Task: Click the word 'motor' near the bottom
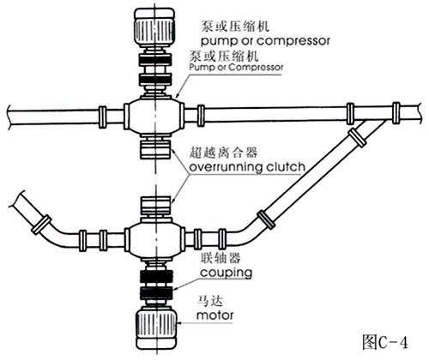(214, 315)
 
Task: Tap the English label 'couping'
(226, 273)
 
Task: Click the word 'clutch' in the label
(286, 166)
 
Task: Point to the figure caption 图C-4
(385, 342)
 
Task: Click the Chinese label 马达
(210, 301)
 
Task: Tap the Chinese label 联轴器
(221, 258)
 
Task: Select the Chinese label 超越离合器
(223, 153)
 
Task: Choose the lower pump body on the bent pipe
(154, 238)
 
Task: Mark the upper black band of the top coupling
(155, 60)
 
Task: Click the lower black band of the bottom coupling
(157, 293)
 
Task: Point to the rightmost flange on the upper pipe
(396, 113)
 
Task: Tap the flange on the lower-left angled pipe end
(41, 225)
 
